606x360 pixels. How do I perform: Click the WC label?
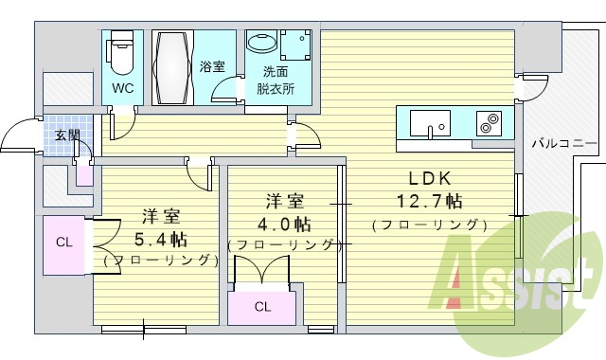[123, 89]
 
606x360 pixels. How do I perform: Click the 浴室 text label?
[212, 66]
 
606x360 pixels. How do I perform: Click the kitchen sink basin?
[431, 123]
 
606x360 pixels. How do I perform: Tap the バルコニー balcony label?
[563, 144]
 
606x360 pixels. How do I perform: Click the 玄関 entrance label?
[67, 135]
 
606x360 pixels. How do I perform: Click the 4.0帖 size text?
[283, 224]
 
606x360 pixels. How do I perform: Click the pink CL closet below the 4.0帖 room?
[262, 306]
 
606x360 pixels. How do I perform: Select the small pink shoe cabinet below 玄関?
[84, 173]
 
